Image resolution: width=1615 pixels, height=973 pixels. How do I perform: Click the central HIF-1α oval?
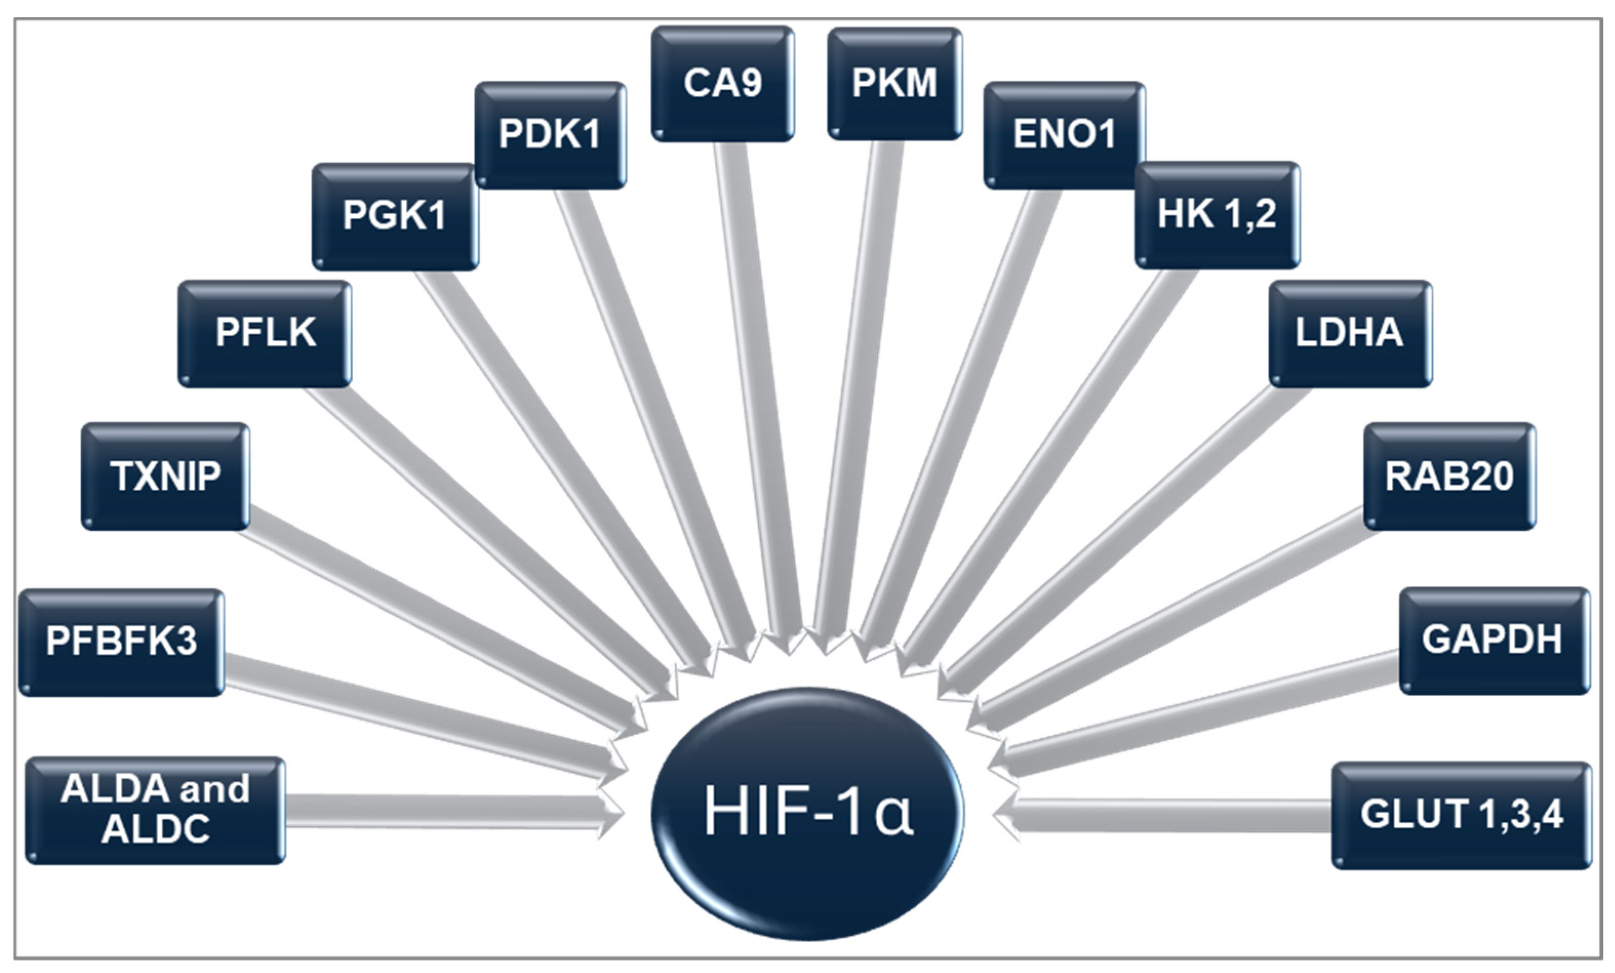coord(807,813)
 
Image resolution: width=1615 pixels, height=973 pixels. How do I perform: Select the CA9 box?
coord(722,83)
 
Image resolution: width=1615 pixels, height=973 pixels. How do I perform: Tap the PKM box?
coord(895,83)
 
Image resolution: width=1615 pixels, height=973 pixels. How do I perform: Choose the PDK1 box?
coord(550,135)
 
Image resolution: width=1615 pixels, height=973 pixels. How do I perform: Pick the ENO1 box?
coord(1064,135)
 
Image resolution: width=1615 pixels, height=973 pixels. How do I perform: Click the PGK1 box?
coord(395,216)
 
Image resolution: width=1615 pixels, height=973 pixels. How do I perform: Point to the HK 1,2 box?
coord(1217,215)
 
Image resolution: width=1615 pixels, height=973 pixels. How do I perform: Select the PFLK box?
coord(265,334)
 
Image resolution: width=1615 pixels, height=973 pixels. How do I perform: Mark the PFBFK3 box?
coord(122,642)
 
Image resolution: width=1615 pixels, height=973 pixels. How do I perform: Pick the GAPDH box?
coord(1493,640)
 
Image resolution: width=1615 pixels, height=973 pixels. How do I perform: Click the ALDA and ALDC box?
coord(155,811)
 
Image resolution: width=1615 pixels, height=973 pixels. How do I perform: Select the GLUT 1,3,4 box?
coord(1461,815)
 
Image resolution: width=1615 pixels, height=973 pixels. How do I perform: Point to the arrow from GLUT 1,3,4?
coord(1167,816)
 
